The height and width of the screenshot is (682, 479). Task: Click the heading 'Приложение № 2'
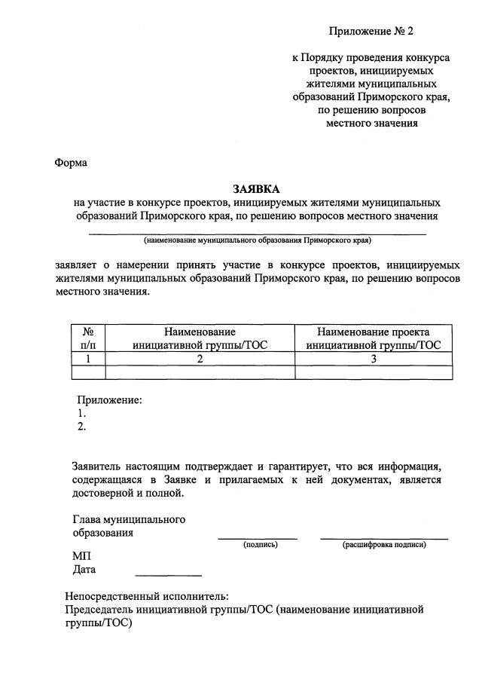click(371, 31)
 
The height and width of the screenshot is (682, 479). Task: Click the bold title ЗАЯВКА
click(256, 189)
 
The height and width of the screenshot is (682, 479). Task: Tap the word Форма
click(71, 162)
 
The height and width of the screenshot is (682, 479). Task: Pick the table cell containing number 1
click(87, 359)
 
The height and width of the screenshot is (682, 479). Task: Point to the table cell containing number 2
click(200, 359)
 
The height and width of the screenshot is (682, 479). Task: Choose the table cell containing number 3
click(373, 359)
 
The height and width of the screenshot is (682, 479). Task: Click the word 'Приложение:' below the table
click(110, 400)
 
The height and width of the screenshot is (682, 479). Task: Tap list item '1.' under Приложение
click(82, 414)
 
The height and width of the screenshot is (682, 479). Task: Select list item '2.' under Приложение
click(82, 427)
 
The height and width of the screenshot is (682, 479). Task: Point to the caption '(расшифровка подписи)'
click(384, 544)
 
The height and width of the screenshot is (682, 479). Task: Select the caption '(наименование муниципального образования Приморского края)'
click(258, 241)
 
